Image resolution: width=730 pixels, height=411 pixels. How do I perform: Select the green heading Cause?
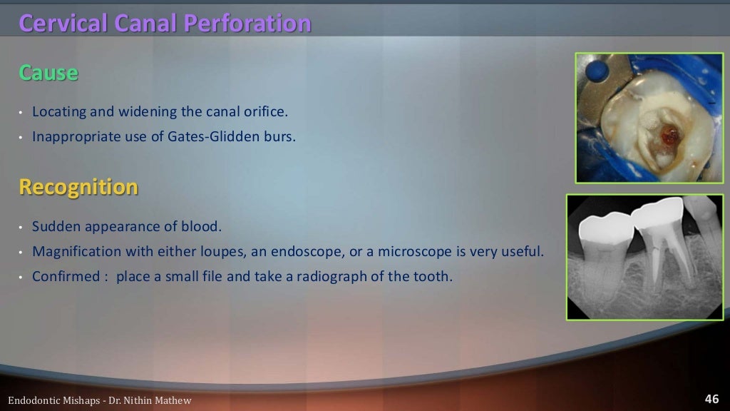[x=48, y=73]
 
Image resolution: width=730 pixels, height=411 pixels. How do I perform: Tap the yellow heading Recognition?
[x=78, y=187]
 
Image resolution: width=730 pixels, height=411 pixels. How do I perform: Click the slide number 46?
[x=711, y=399]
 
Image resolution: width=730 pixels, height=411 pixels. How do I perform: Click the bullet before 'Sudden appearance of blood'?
[x=21, y=228]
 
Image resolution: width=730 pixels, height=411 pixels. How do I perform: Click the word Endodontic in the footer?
[x=33, y=400]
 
